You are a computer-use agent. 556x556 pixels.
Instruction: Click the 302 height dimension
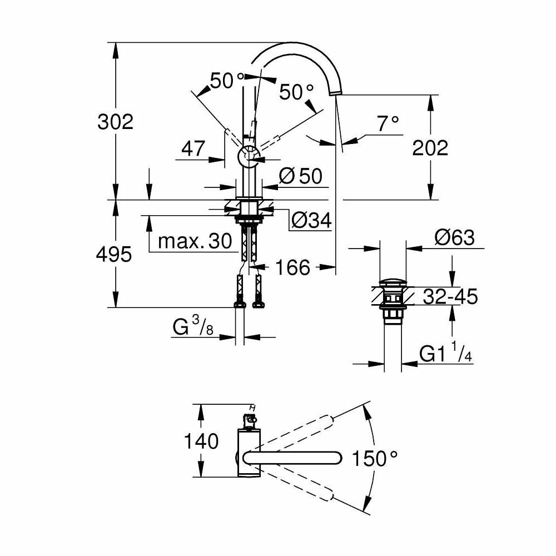(x=116, y=121)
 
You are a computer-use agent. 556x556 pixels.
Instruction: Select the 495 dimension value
(x=113, y=255)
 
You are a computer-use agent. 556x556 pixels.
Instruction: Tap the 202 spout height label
(x=429, y=148)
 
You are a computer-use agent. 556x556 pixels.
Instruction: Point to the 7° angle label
(x=388, y=123)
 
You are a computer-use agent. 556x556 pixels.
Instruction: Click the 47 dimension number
(x=193, y=148)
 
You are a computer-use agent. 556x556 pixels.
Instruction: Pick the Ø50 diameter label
(x=300, y=177)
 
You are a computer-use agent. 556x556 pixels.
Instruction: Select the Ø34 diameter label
(x=311, y=221)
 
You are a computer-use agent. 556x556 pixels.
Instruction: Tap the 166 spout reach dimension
(x=293, y=267)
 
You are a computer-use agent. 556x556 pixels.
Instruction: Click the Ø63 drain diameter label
(x=454, y=238)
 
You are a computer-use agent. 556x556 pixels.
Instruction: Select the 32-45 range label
(x=450, y=297)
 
